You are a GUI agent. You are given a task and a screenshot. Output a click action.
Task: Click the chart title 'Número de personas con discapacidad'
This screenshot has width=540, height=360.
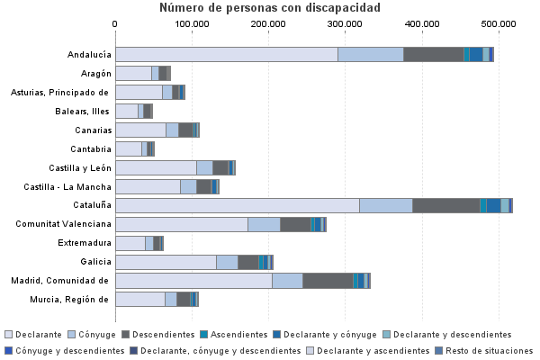tap(270, 8)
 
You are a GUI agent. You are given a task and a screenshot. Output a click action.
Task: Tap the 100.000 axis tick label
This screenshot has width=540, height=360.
tap(192, 24)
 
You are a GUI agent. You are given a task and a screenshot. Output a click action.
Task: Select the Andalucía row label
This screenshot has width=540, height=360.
tap(89, 55)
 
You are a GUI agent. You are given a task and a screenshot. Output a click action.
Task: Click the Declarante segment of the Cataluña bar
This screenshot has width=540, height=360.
tap(238, 205)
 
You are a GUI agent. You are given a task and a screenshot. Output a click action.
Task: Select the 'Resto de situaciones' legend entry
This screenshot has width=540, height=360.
tap(490, 350)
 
